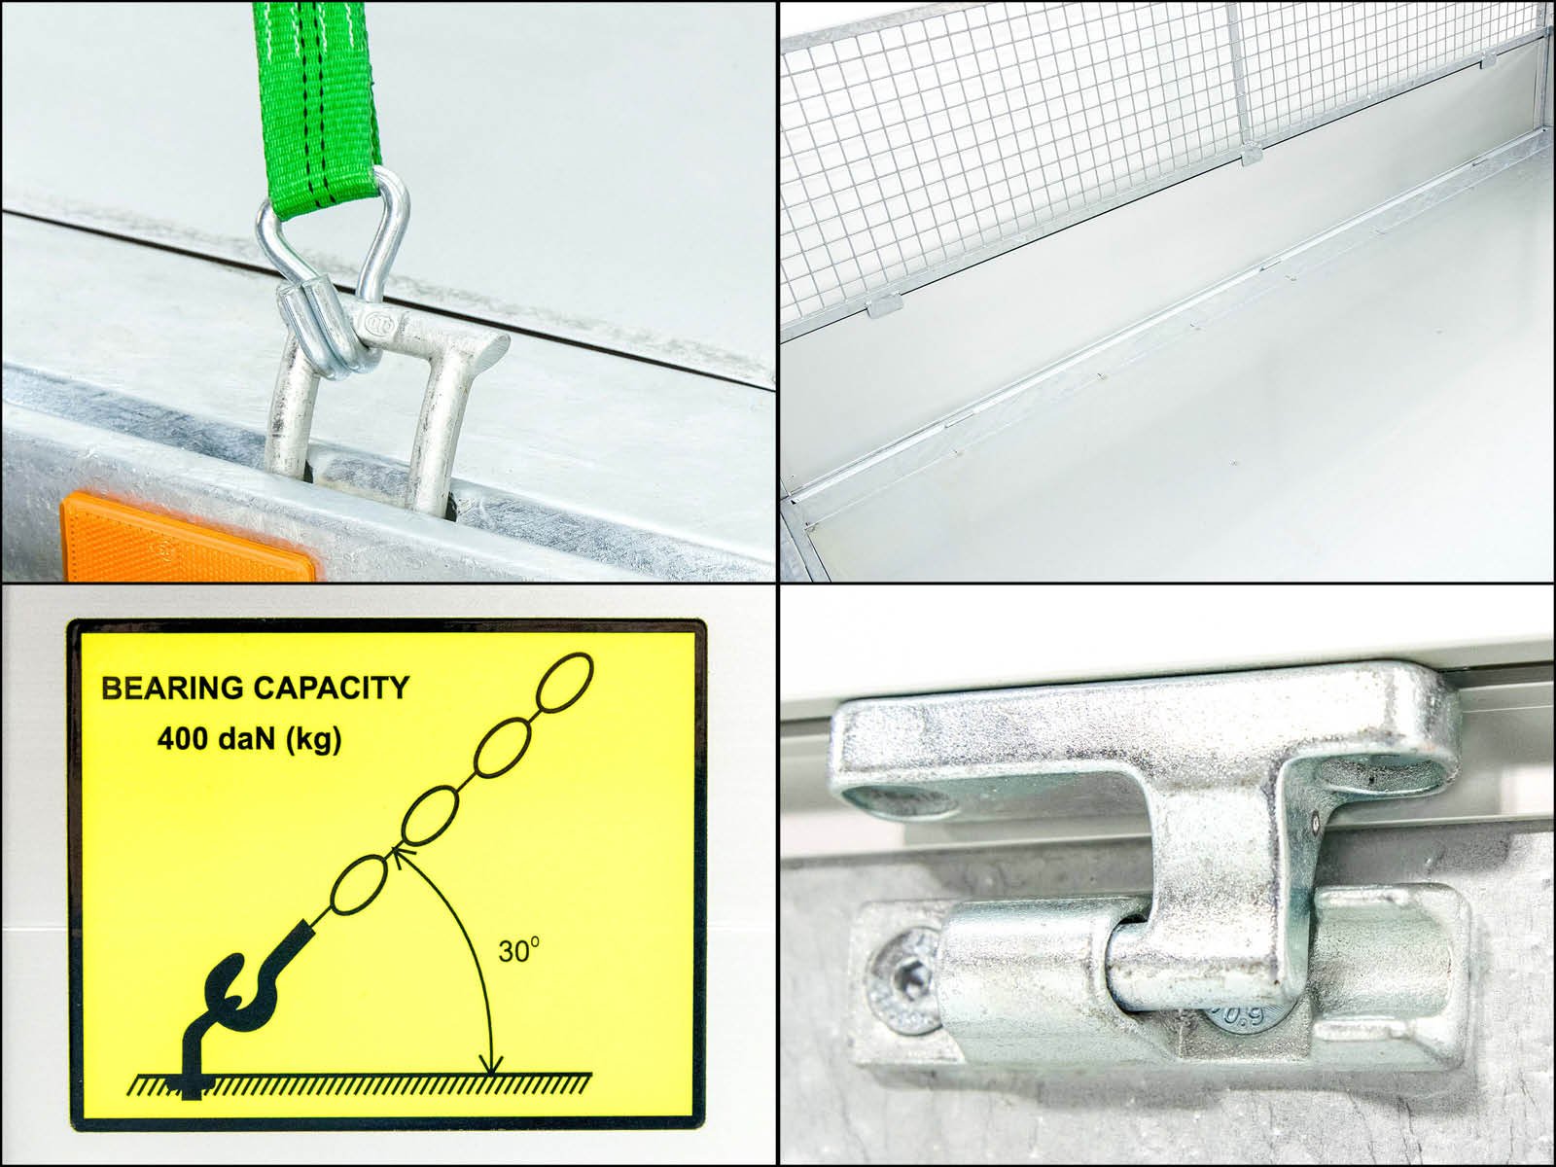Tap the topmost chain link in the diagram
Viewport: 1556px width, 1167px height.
565,682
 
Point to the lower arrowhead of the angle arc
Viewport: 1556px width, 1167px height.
490,1064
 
